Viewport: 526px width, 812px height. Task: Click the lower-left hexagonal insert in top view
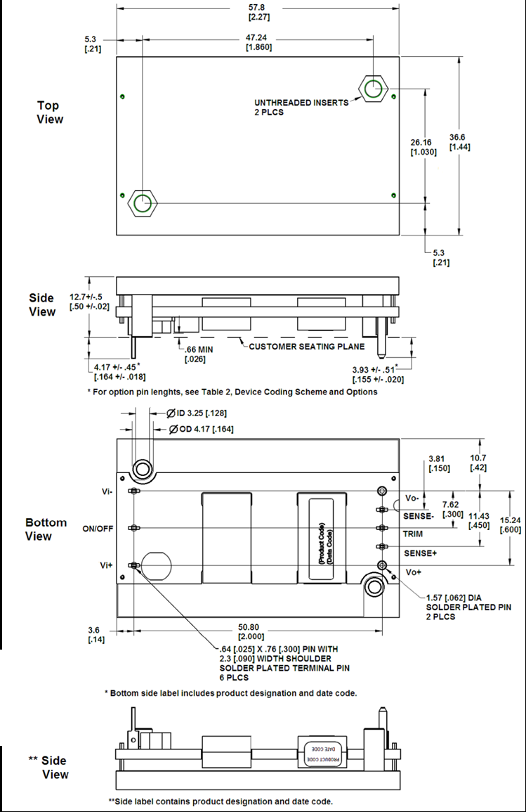pyautogui.click(x=142, y=204)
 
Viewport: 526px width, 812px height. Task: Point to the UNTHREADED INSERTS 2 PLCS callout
pyautogui.click(x=301, y=107)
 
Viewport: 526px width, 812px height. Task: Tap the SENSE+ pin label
pyautogui.click(x=421, y=553)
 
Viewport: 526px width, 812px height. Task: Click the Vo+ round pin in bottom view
pyautogui.click(x=381, y=565)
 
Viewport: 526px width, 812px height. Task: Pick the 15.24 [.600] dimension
pyautogui.click(x=510, y=524)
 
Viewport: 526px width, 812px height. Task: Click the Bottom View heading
pyautogui.click(x=46, y=529)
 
